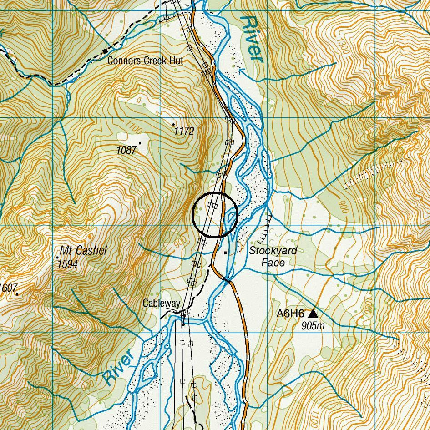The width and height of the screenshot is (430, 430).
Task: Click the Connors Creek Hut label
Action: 145,61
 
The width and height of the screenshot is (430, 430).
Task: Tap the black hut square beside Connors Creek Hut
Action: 105,51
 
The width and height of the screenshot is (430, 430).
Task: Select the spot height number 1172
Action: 184,132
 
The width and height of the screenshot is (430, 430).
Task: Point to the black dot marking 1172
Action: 174,124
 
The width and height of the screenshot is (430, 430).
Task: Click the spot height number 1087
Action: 126,150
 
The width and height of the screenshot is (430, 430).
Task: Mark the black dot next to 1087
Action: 140,143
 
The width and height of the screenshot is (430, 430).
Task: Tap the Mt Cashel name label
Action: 83,250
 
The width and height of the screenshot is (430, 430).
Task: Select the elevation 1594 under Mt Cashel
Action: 68,264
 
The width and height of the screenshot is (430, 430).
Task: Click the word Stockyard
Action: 273,251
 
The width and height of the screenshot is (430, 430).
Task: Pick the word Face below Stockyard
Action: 273,263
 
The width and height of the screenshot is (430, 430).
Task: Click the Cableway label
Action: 162,303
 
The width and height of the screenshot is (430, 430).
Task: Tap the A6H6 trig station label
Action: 290,313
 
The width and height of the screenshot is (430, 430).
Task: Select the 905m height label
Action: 313,326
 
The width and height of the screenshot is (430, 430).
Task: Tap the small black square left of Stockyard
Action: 226,253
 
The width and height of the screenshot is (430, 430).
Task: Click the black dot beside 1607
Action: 17,294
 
